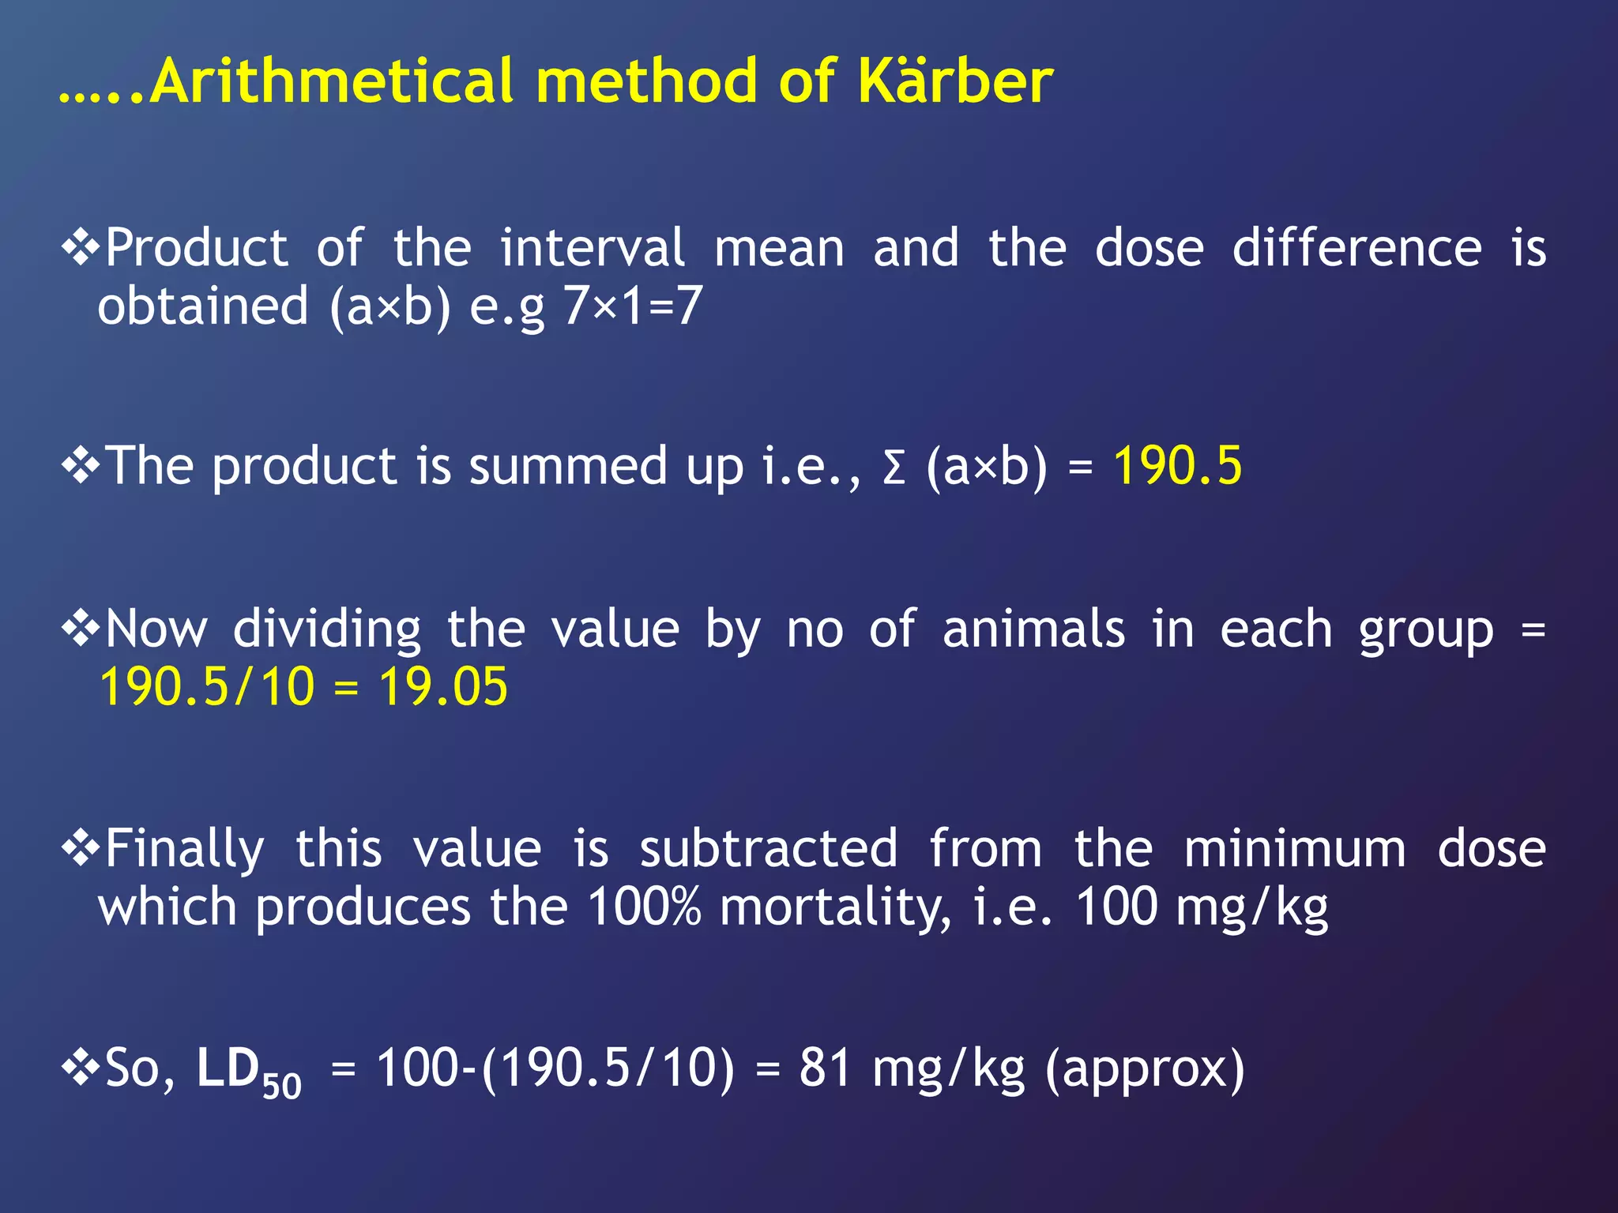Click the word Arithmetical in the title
pyautogui.click(x=331, y=81)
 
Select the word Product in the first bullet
pyautogui.click(x=197, y=248)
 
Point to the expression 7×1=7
pyautogui.click(x=632, y=306)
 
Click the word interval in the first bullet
pyautogui.click(x=593, y=248)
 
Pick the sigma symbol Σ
pyautogui.click(x=894, y=467)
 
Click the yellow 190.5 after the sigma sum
pyautogui.click(x=1177, y=465)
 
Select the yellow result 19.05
pyautogui.click(x=443, y=686)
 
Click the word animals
pyautogui.click(x=1033, y=629)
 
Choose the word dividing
pyautogui.click(x=327, y=629)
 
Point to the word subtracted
pyautogui.click(x=769, y=849)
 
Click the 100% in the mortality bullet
pyautogui.click(x=644, y=907)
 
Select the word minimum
pyautogui.click(x=1295, y=849)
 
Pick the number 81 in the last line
pyautogui.click(x=825, y=1068)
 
